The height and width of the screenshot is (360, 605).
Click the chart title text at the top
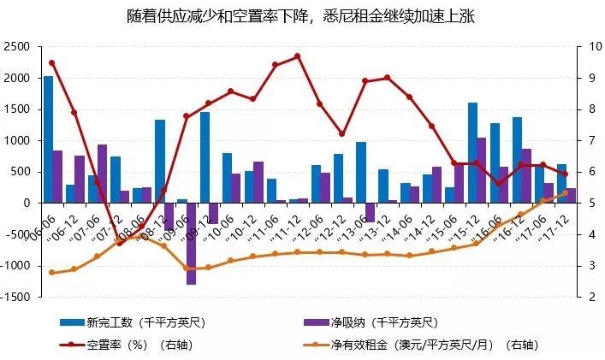302,16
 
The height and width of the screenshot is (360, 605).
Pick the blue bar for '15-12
472,152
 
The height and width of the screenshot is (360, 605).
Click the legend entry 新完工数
133,323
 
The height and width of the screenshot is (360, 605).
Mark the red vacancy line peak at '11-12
297,56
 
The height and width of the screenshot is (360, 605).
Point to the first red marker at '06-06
52,62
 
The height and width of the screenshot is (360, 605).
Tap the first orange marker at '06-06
52,273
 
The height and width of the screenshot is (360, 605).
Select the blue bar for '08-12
160,161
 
